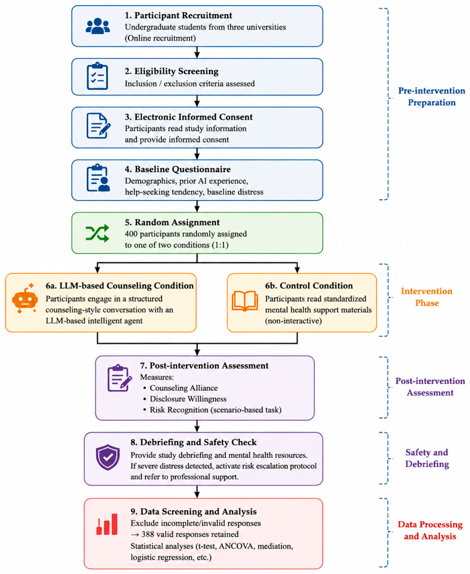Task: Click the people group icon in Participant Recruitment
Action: point(98,26)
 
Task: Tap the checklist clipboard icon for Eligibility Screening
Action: point(97,76)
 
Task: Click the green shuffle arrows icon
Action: point(97,233)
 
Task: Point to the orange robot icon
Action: point(25,298)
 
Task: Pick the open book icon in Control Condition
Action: point(245,301)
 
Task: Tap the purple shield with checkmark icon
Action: point(108,457)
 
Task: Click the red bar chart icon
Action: point(107,524)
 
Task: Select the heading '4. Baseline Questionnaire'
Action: point(178,169)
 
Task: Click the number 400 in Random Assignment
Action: point(131,234)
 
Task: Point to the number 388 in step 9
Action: point(148,534)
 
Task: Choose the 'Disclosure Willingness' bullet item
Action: point(188,399)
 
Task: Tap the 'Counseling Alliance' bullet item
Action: point(184,388)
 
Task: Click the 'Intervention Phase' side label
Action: point(426,297)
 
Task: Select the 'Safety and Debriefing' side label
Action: point(427,458)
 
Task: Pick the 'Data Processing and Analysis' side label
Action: point(430,530)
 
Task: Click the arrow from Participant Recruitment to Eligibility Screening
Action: point(197,52)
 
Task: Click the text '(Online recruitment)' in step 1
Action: point(160,38)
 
